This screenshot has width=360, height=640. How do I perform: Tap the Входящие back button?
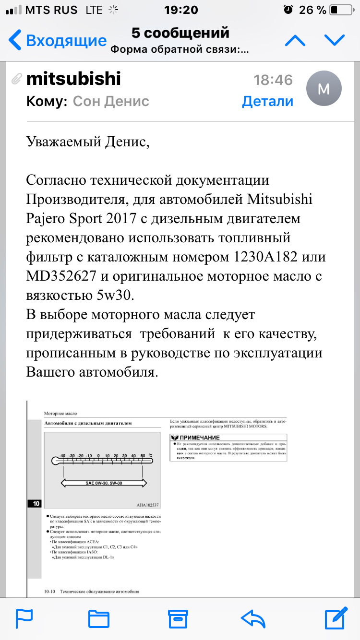pyautogui.click(x=58, y=40)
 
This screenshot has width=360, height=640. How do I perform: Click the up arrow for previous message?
pyautogui.click(x=295, y=41)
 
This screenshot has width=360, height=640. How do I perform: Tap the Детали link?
pyautogui.click(x=267, y=101)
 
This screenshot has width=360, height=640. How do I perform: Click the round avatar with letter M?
pyautogui.click(x=324, y=89)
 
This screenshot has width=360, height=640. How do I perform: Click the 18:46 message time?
pyautogui.click(x=273, y=80)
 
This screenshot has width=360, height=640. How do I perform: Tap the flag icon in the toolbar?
pyautogui.click(x=24, y=618)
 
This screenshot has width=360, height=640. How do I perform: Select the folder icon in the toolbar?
pyautogui.click(x=99, y=618)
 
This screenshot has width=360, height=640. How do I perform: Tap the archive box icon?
pyautogui.click(x=177, y=618)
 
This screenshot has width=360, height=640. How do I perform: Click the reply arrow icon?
pyautogui.click(x=253, y=618)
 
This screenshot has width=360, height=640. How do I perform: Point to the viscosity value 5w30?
pyautogui.click(x=115, y=296)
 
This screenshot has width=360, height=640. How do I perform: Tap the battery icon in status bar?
pyautogui.click(x=340, y=10)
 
